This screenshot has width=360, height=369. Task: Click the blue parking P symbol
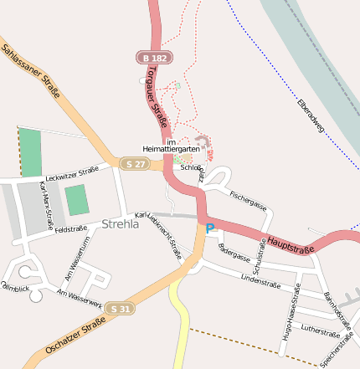(209, 228)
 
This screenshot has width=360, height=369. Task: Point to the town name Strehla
(120, 224)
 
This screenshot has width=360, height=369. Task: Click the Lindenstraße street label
(258, 279)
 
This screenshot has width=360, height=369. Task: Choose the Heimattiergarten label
(171, 149)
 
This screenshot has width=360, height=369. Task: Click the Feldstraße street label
(71, 228)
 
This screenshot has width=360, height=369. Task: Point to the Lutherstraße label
(318, 330)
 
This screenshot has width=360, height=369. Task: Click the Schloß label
(190, 167)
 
